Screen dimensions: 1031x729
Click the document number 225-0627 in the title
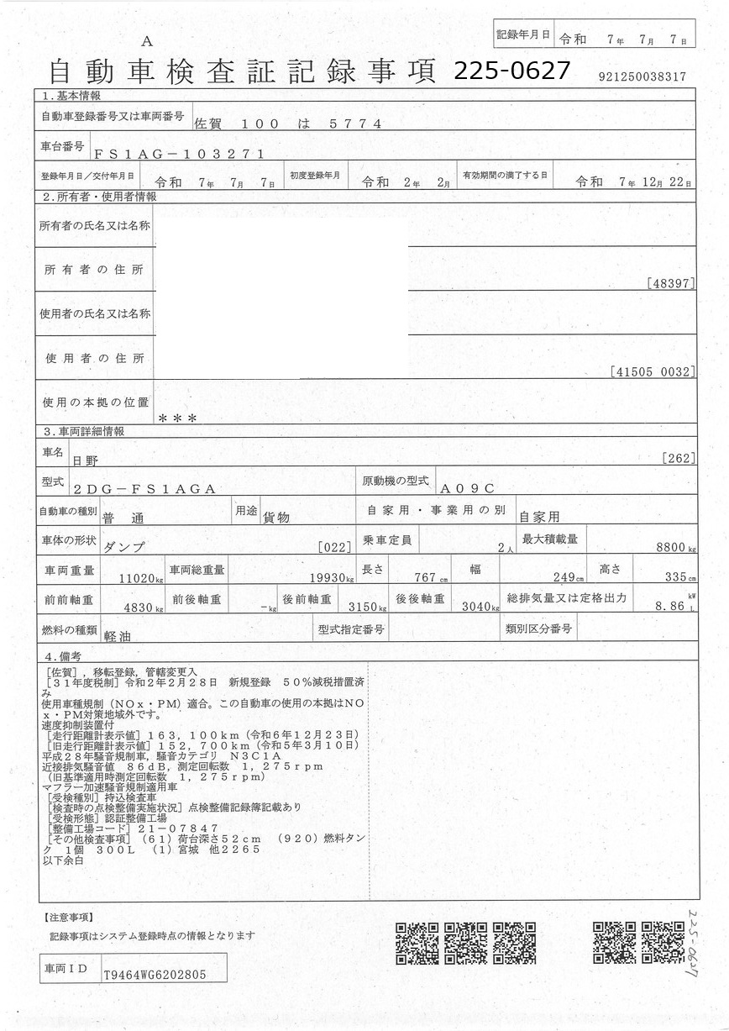pos(511,71)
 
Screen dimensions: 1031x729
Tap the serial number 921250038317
pos(642,76)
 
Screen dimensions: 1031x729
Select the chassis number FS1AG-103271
pos(180,154)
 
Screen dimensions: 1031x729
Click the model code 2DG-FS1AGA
pos(145,488)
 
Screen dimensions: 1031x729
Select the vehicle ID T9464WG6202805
pos(153,975)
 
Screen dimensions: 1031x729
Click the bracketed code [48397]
pos(671,283)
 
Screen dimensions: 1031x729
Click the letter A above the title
pos(147,41)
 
